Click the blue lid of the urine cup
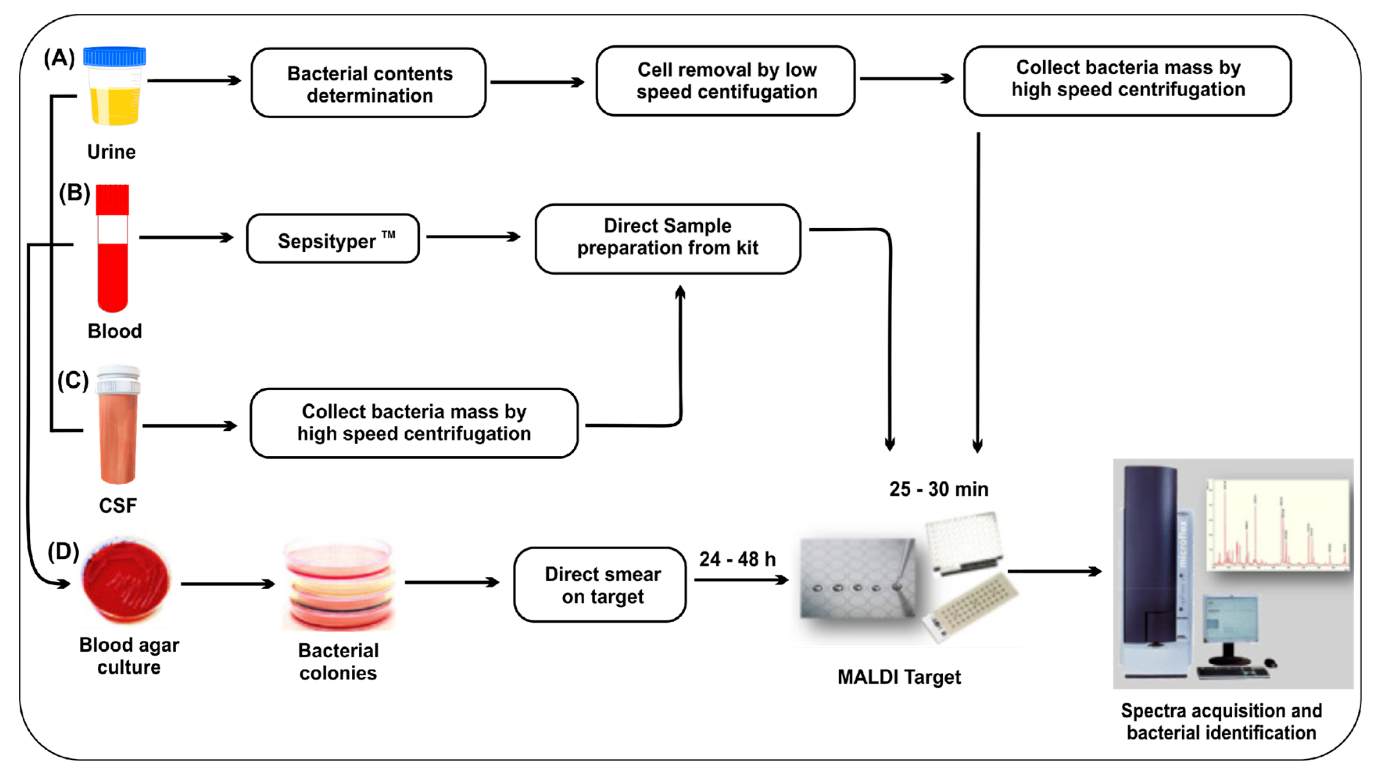click(115, 57)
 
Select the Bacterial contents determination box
click(369, 84)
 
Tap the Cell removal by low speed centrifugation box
click(726, 81)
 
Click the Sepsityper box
click(333, 239)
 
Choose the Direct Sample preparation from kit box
click(668, 238)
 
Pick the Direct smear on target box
click(601, 585)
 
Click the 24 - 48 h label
click(738, 559)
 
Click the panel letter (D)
click(63, 552)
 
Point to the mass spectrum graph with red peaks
click(1278, 525)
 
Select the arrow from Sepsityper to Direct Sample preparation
click(473, 236)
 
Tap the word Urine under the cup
click(111, 152)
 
